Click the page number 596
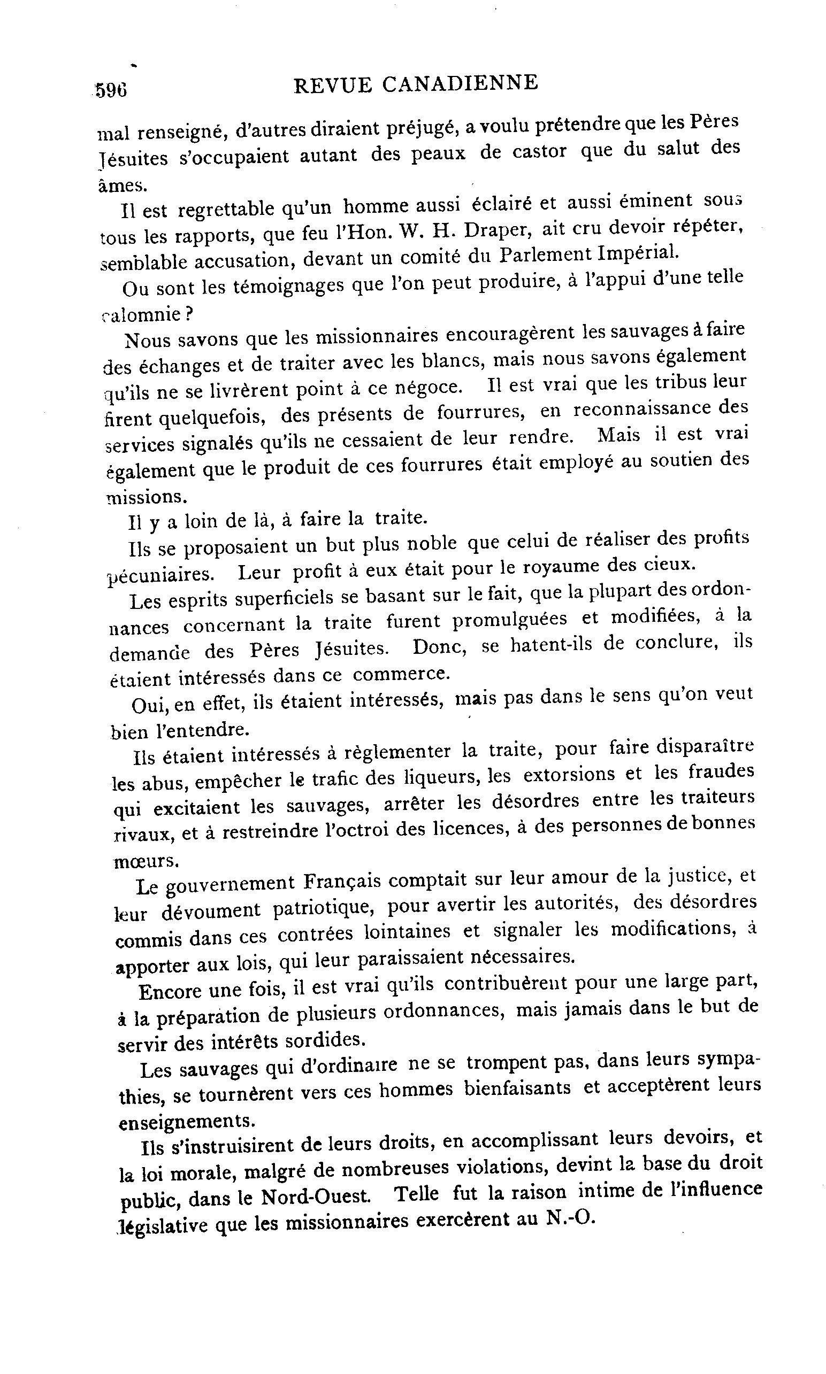[x=111, y=90]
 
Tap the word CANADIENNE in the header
[x=460, y=83]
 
